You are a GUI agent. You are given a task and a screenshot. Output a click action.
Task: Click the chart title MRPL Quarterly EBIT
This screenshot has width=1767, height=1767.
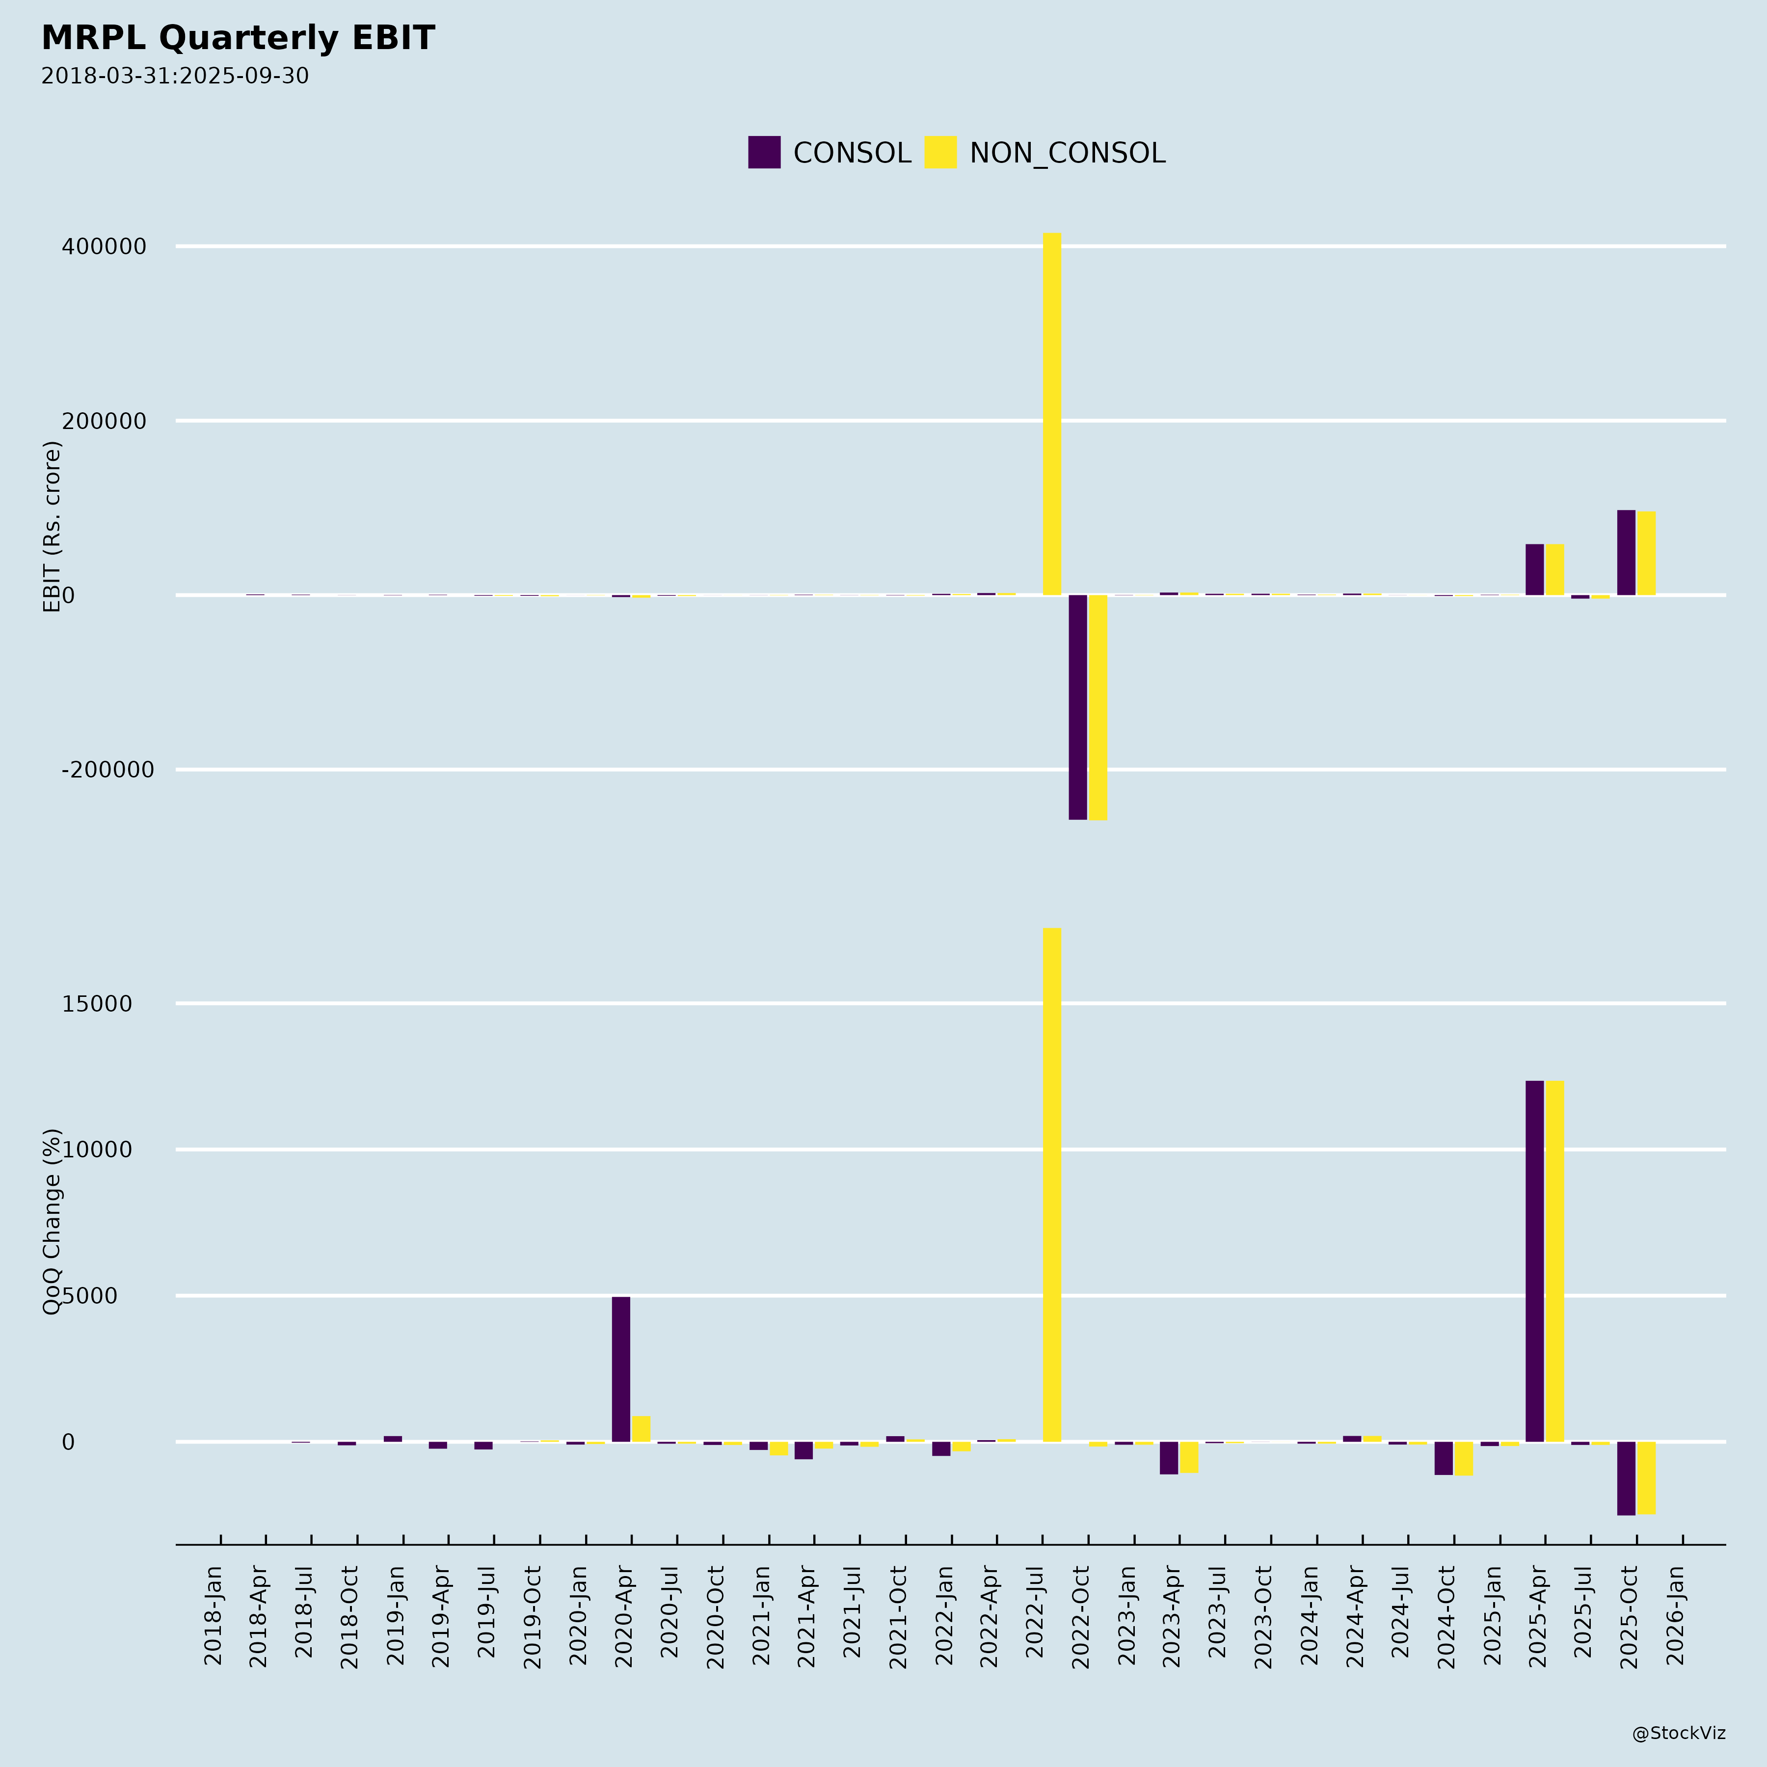(x=238, y=38)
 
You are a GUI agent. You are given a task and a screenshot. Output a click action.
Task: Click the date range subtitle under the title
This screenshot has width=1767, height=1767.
(x=175, y=76)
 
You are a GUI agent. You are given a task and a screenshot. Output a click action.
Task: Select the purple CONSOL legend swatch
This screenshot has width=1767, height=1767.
(x=764, y=152)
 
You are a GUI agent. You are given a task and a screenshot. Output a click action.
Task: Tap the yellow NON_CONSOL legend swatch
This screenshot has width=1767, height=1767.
(x=940, y=152)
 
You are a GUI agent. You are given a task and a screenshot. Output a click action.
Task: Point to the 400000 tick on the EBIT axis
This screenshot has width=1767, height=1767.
(x=104, y=247)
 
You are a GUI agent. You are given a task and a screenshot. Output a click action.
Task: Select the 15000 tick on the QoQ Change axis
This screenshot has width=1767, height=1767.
(x=97, y=1004)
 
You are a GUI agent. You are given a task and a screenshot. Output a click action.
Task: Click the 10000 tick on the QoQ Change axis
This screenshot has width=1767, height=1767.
(x=97, y=1151)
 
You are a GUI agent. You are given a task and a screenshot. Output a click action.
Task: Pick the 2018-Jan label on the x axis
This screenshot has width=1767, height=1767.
(x=213, y=1616)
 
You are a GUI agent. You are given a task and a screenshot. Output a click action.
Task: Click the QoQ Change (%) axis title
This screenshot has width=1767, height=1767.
(x=52, y=1222)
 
